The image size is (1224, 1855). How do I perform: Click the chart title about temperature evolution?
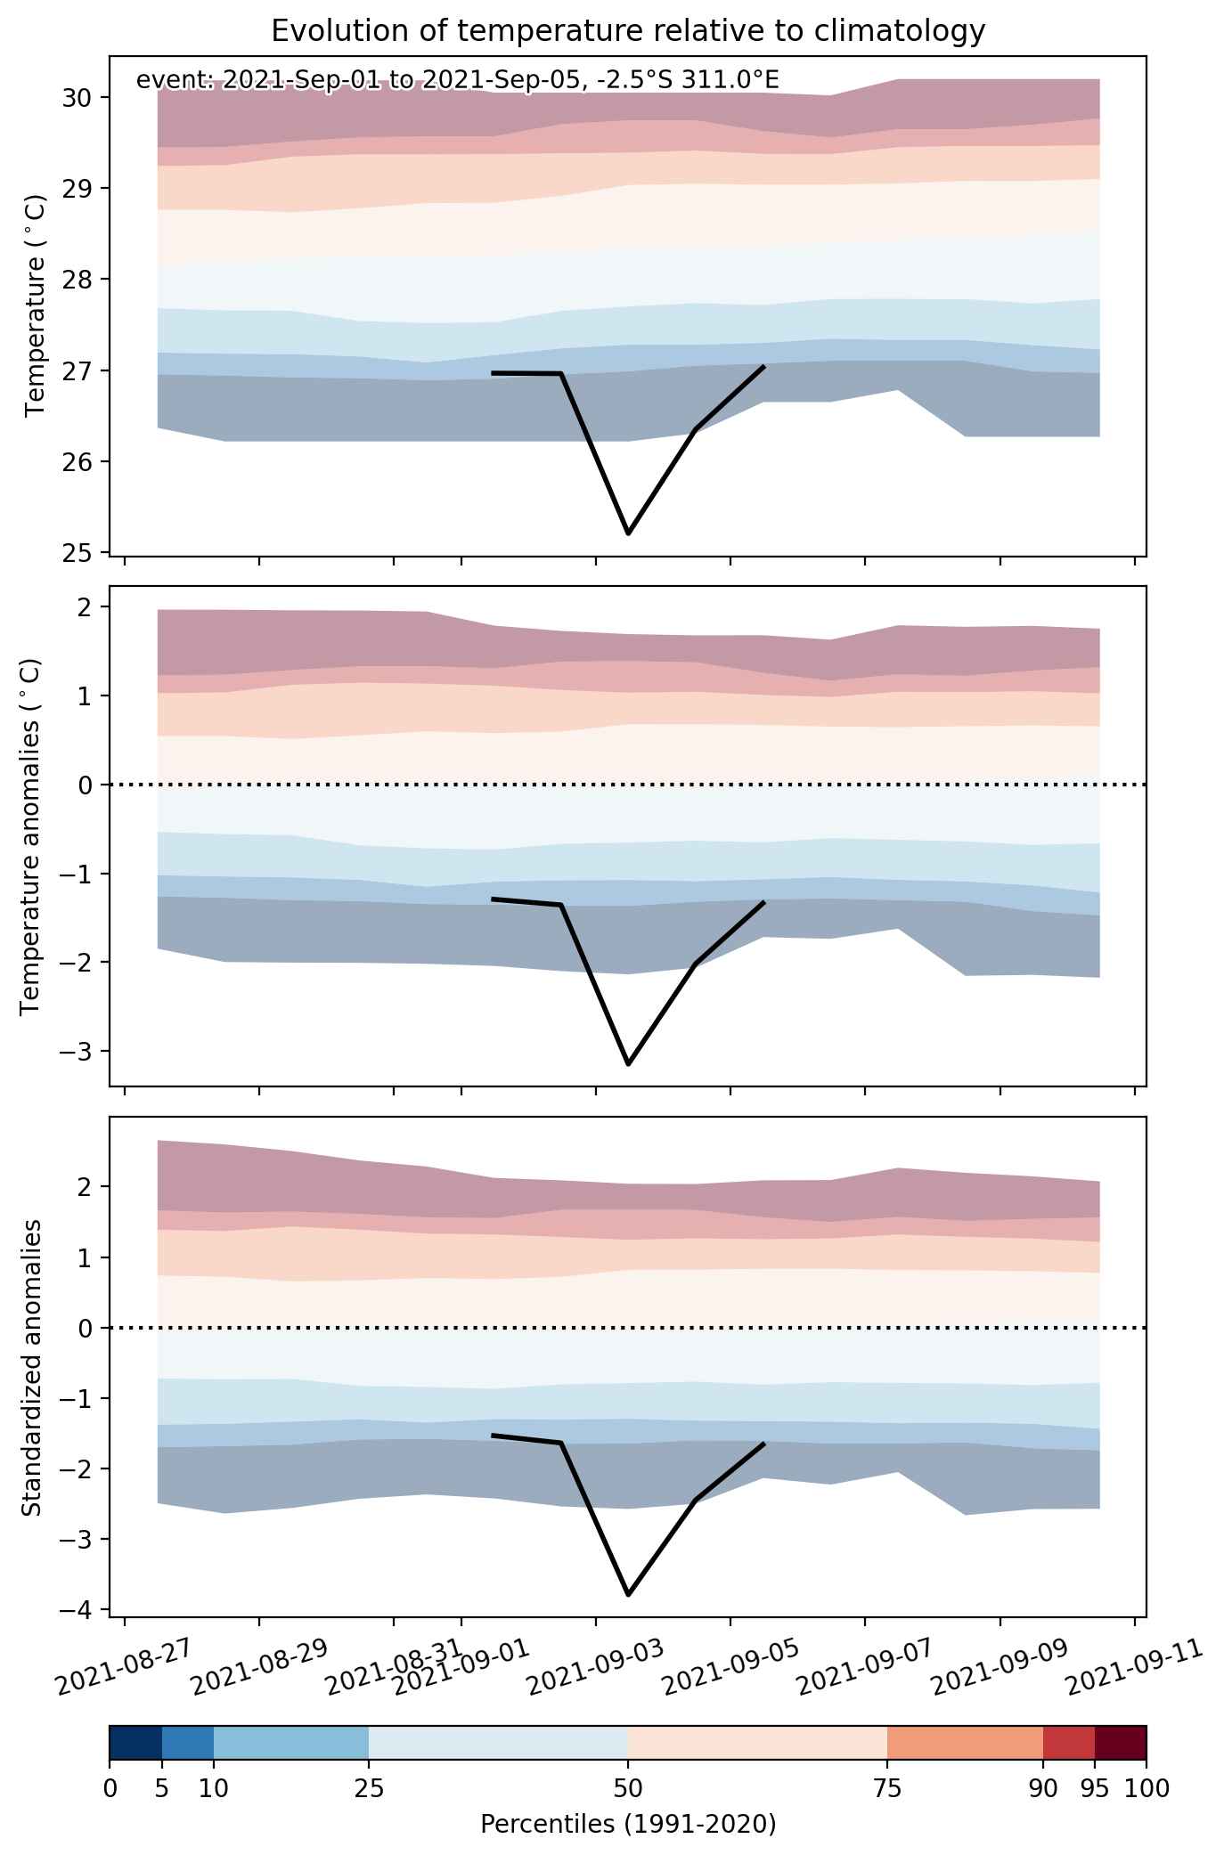628,31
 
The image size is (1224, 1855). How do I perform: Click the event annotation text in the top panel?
458,80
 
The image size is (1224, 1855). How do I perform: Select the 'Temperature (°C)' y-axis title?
36,305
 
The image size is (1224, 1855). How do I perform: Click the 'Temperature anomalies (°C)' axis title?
31,836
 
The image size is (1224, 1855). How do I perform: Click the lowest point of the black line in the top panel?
628,533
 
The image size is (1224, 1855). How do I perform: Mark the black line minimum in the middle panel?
628,1064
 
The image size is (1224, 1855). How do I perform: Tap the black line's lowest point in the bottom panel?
628,1594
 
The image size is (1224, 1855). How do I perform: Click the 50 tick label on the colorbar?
628,1787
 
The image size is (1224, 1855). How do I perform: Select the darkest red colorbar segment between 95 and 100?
1121,1743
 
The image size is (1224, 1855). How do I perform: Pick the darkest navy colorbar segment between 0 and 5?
135,1743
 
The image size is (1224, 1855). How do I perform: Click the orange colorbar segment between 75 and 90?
965,1743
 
